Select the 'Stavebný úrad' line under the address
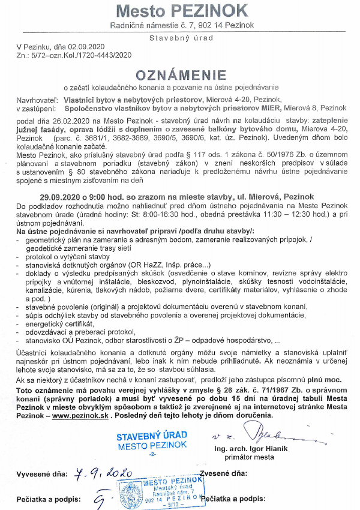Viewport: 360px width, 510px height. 181,38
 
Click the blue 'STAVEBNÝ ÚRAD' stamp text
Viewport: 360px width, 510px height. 152,434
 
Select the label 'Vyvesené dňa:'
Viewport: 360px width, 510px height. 41,475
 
